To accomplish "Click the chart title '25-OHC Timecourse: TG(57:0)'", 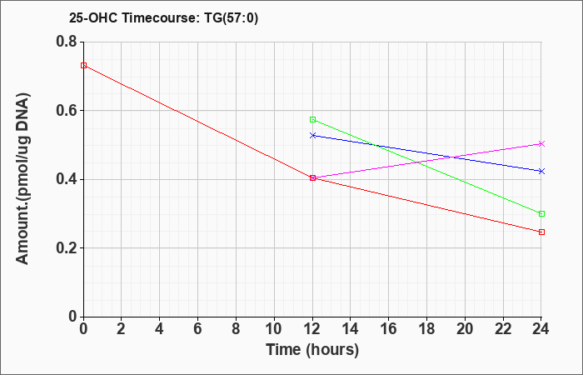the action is click(x=163, y=17).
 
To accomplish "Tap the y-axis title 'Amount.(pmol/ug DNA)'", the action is click(x=22, y=179).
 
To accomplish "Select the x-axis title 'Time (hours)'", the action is click(x=312, y=350).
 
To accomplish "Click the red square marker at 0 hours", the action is click(x=83, y=66).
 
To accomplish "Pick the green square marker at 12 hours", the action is click(x=312, y=119).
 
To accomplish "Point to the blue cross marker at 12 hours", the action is click(x=312, y=135).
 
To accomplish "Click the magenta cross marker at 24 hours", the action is click(x=541, y=143).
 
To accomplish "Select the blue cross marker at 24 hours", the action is click(x=541, y=171).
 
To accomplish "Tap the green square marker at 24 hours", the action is click(x=541, y=213).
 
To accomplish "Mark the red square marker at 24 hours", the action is click(x=541, y=232).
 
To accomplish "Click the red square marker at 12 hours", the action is click(x=312, y=177).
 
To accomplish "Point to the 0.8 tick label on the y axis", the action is click(x=67, y=42).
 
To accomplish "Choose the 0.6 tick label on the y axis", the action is click(x=67, y=111).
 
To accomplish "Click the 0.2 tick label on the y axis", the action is click(x=67, y=248).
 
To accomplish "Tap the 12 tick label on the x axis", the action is click(x=312, y=329).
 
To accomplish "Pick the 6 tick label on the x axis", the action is click(x=197, y=329).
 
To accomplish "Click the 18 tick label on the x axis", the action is click(x=427, y=329).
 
